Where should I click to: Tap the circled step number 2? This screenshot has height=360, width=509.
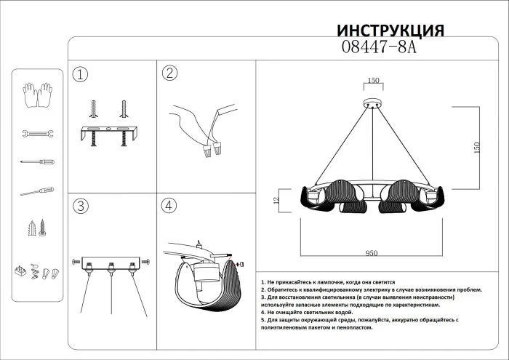169,73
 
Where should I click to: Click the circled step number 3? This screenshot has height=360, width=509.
81,206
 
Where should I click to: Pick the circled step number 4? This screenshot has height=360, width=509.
169,206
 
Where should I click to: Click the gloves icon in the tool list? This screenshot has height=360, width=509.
36,96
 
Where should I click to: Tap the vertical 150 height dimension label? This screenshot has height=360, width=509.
477,146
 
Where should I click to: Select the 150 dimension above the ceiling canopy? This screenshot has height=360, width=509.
374,81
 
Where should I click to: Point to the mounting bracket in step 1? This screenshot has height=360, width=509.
108,133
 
